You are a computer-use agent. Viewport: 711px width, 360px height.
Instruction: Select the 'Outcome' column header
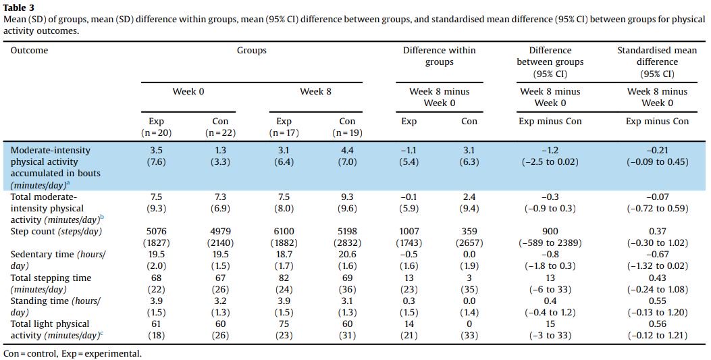tap(30, 50)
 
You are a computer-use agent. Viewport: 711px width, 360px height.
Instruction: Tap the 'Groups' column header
tap(251, 50)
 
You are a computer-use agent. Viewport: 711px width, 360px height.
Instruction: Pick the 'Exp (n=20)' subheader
tap(157, 127)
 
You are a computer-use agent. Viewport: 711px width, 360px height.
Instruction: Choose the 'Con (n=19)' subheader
tap(347, 127)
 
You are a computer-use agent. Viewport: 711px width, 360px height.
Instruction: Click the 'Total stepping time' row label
tap(51, 278)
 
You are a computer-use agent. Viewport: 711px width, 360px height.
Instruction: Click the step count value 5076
tap(157, 232)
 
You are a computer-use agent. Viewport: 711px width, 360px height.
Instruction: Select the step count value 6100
tap(283, 232)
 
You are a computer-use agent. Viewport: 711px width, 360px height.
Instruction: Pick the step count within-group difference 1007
tap(409, 232)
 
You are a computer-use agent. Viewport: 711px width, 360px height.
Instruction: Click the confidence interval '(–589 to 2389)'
tap(550, 243)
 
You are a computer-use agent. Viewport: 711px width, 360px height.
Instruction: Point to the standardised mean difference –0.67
tap(652, 255)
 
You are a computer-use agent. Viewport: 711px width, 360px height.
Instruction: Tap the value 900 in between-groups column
tap(550, 232)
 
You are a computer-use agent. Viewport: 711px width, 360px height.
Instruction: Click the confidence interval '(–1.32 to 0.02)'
tap(652, 266)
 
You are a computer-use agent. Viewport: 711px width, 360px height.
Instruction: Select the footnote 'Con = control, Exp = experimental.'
tap(73, 353)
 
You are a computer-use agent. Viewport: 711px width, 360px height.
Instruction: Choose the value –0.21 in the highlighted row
tap(652, 150)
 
